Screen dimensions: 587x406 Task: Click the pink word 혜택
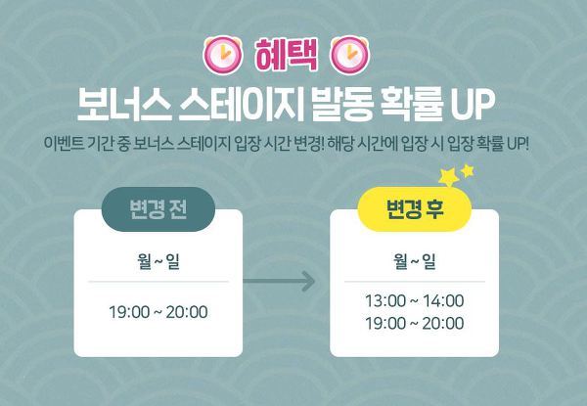[286, 56]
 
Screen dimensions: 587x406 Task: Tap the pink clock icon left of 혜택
[223, 55]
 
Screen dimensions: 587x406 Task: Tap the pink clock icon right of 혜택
[349, 55]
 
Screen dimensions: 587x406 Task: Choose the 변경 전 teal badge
[158, 208]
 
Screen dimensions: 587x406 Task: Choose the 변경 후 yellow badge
[415, 208]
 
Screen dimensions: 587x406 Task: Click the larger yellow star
[449, 177]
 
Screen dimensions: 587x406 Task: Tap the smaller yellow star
[468, 170]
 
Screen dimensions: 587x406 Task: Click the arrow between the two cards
[279, 281]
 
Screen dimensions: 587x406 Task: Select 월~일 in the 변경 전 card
[158, 261]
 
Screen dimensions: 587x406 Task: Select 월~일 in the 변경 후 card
[415, 261]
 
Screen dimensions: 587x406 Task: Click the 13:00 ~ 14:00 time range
[415, 301]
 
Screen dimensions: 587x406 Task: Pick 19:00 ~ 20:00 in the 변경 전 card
[158, 312]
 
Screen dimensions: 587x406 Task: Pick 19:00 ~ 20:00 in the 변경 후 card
[415, 323]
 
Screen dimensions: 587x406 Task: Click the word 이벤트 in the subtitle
[64, 143]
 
